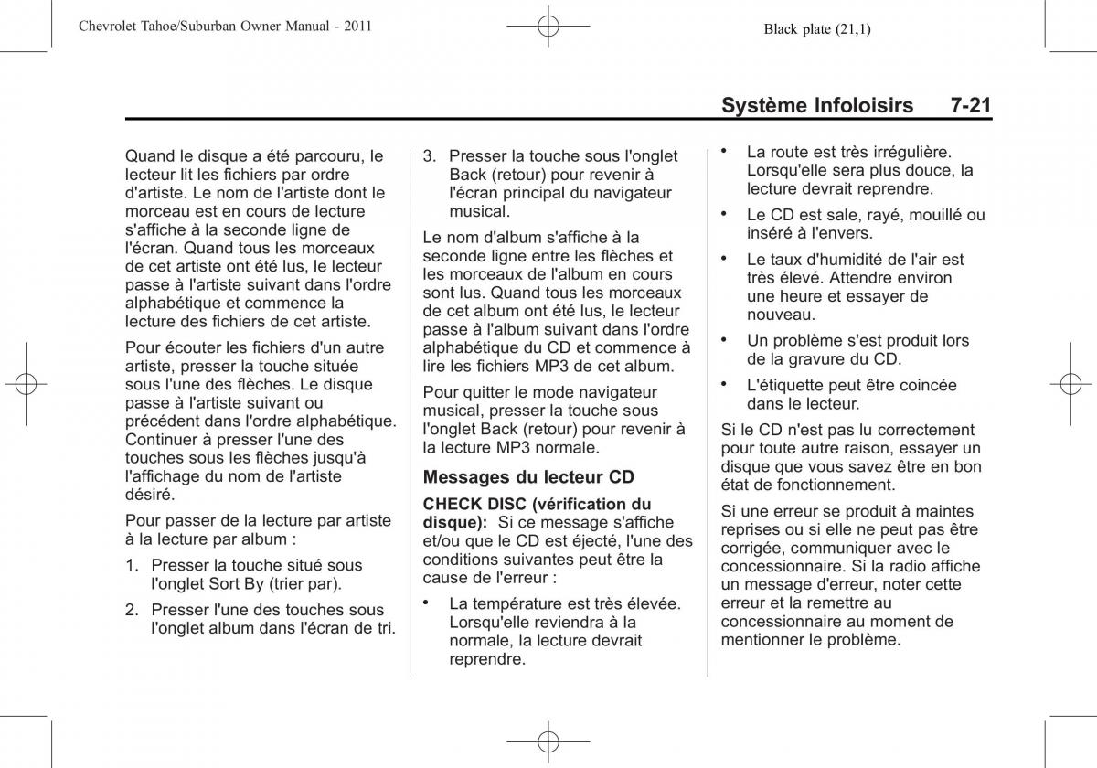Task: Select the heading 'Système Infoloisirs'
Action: coord(817,106)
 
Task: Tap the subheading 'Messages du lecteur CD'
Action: coord(528,476)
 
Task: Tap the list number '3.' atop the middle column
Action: coord(430,156)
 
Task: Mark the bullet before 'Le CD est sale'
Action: coord(724,212)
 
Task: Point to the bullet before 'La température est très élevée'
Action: coord(426,601)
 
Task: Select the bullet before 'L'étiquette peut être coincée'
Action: coord(724,382)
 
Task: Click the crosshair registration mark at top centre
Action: coord(548,29)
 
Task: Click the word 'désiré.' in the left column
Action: coord(149,494)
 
